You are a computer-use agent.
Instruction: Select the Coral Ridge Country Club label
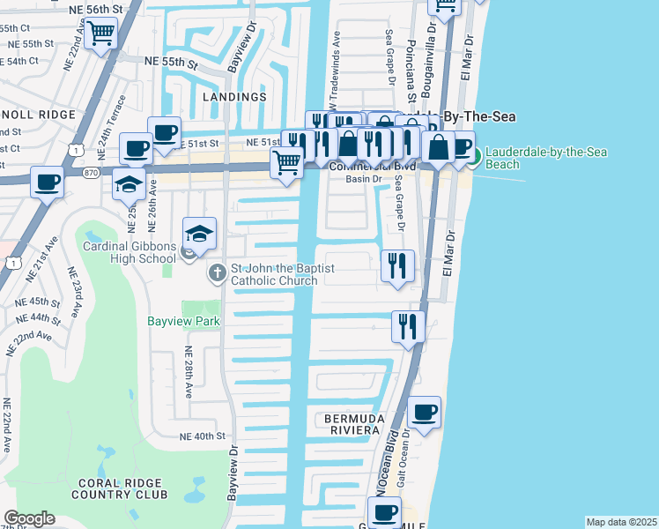point(122,488)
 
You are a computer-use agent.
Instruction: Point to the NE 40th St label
point(203,436)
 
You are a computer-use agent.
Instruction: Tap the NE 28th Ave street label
point(189,370)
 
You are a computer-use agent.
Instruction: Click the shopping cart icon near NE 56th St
point(101,34)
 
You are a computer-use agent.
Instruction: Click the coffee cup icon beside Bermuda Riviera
point(425,411)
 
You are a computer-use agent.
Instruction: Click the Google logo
point(29,518)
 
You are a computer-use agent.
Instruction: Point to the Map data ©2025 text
point(621,522)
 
